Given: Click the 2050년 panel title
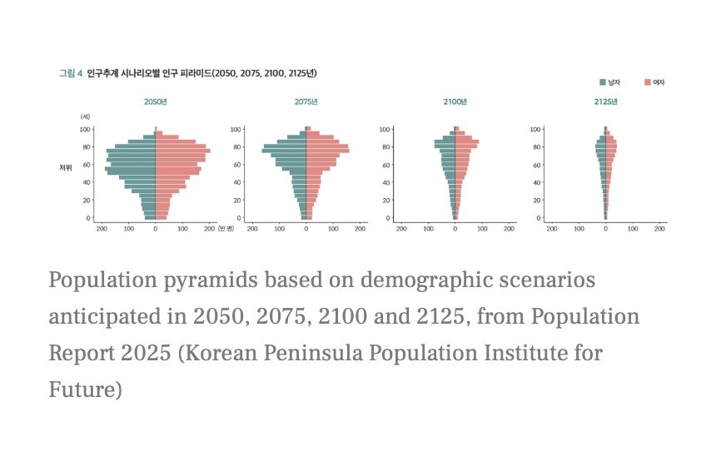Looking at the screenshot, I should (x=156, y=102).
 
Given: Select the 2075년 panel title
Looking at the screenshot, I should (x=306, y=102).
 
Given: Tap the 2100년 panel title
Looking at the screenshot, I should (x=455, y=102).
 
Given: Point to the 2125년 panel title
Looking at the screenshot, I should (x=605, y=102).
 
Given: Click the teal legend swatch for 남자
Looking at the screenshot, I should (x=603, y=82).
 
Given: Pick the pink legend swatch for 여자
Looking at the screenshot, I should (x=648, y=82).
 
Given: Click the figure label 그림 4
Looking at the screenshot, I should (x=70, y=73).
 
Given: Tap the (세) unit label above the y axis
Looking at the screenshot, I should (x=85, y=116).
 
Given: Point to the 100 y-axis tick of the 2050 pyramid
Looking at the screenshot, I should (x=85, y=129).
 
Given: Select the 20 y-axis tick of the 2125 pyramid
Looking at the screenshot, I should (x=536, y=201).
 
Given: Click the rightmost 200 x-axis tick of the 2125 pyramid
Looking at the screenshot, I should (x=660, y=227).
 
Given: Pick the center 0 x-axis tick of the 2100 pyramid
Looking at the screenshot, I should (x=455, y=227).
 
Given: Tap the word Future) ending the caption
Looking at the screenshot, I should (x=86, y=389).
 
